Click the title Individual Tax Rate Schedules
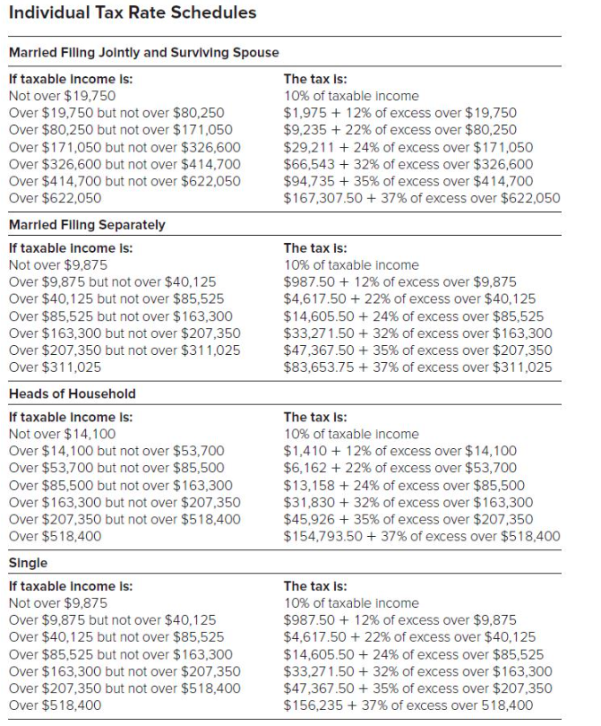[132, 13]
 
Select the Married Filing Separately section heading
[87, 224]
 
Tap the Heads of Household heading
[72, 393]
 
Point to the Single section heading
[28, 563]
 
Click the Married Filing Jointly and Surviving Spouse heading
[143, 53]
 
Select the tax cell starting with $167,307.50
[422, 197]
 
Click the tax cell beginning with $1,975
[399, 112]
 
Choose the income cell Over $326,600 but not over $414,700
[124, 163]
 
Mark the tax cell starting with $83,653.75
[417, 367]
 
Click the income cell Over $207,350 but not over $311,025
[124, 350]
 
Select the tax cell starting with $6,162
[399, 468]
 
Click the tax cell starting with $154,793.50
[422, 536]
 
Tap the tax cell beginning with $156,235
[408, 705]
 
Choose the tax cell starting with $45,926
[408, 519]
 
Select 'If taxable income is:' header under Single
[70, 586]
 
